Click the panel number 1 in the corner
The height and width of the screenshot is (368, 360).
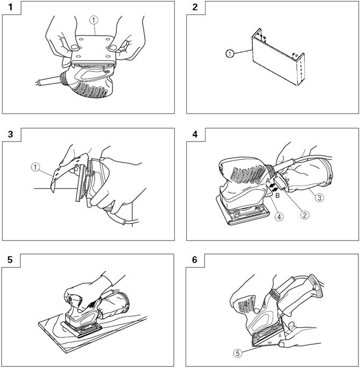(10, 8)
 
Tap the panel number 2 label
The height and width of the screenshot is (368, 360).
(195, 8)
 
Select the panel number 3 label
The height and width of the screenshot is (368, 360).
(11, 135)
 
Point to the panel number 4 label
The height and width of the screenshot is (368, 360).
(195, 135)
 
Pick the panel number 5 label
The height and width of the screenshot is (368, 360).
(10, 260)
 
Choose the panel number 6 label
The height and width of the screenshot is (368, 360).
(195, 260)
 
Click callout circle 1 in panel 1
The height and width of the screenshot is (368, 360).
(94, 20)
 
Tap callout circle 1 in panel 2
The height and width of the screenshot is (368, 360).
(230, 54)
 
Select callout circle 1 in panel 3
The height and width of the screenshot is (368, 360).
(35, 167)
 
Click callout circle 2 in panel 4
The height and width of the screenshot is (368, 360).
(305, 215)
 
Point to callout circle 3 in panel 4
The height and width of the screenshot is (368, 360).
(319, 197)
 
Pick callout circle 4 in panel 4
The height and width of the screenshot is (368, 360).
(279, 217)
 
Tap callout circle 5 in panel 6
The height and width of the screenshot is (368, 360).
(238, 353)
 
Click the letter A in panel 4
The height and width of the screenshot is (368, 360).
(268, 181)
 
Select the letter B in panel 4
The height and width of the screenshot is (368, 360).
(277, 195)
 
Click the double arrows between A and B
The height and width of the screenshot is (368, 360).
(273, 188)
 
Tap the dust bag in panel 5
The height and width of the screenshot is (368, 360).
(114, 306)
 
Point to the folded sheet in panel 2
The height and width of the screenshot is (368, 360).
(278, 57)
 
